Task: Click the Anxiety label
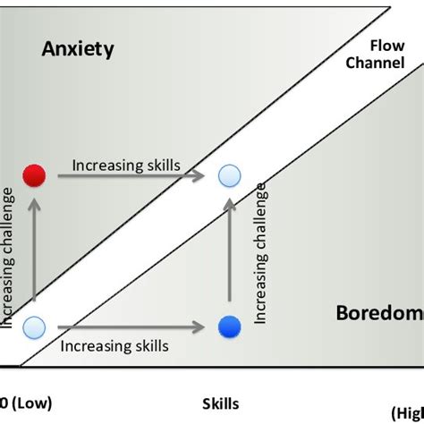coord(78,49)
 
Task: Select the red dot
coord(34,174)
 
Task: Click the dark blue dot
coord(231,326)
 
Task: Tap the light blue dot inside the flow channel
coord(231,175)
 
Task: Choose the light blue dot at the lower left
coord(34,326)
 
